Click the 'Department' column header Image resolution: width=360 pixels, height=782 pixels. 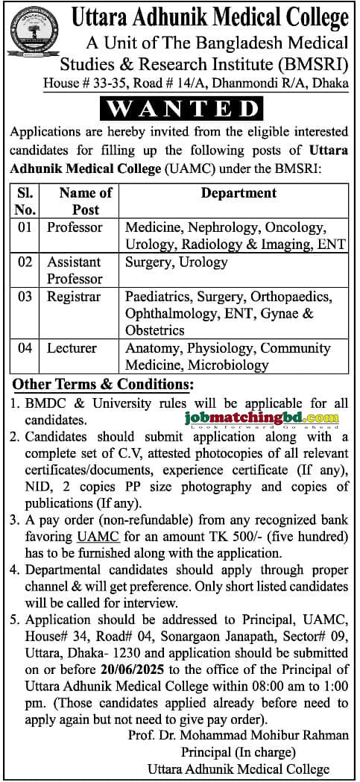(238, 193)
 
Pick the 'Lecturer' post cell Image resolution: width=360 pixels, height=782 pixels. (71, 348)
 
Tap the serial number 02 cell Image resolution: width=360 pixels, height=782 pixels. (25, 262)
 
